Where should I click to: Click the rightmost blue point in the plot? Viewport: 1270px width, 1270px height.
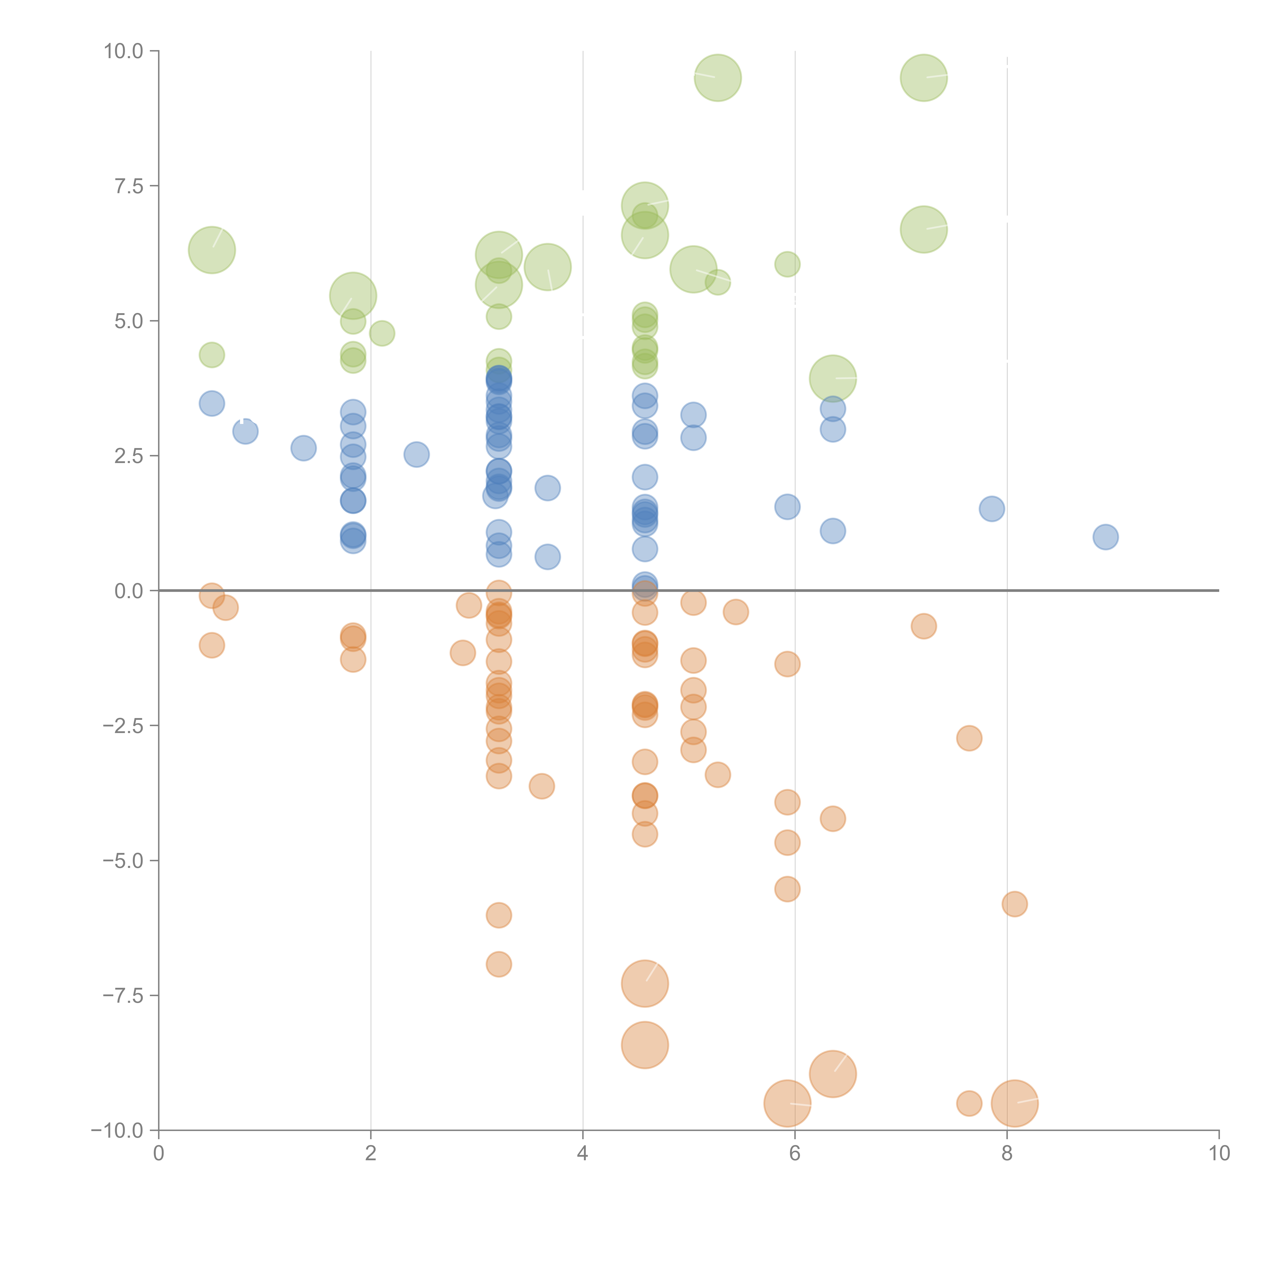pyautogui.click(x=1106, y=537)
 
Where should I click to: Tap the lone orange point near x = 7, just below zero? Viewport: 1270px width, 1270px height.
pyautogui.click(x=924, y=626)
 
